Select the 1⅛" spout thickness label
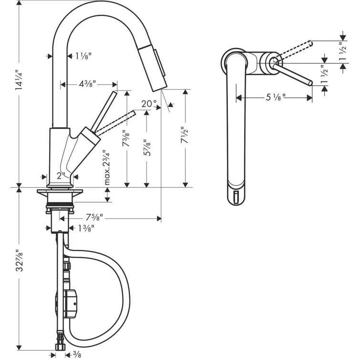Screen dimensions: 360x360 pyautogui.click(x=83, y=56)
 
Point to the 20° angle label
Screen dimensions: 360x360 pyautogui.click(x=149, y=104)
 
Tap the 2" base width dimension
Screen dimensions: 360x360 pyautogui.click(x=60, y=175)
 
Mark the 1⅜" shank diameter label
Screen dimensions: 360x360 pyautogui.click(x=86, y=228)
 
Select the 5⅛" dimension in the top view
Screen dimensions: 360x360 pyautogui.click(x=275, y=97)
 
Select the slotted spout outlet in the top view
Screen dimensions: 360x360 pyautogui.click(x=237, y=196)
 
